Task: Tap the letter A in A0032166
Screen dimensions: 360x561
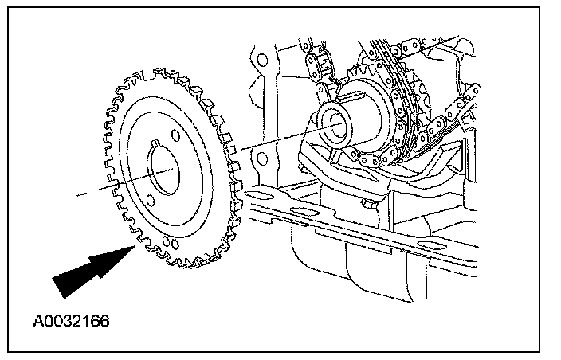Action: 38,323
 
